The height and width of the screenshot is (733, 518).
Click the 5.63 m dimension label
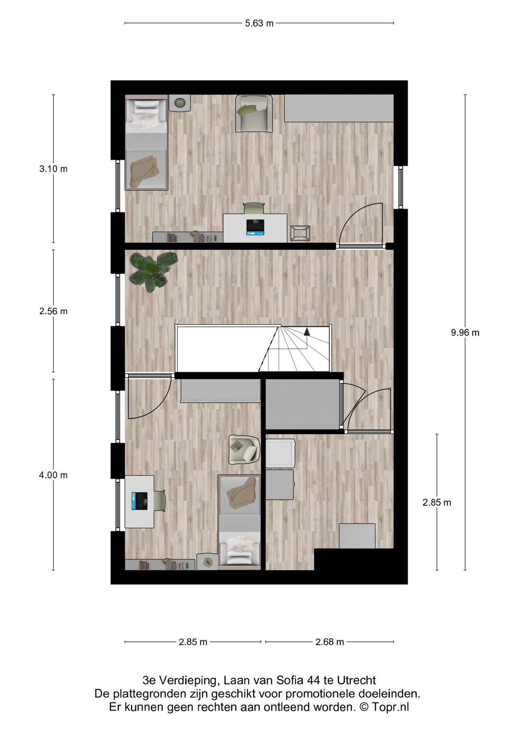pos(259,23)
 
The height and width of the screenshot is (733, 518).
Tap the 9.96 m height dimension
pos(465,333)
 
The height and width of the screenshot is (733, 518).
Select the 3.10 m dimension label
pos(53,169)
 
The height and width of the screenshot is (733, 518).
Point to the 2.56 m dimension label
pos(53,311)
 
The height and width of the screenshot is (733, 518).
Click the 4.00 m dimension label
pos(53,475)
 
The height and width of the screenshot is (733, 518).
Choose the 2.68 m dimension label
pos(330,642)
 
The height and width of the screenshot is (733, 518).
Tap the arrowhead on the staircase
pos(306,331)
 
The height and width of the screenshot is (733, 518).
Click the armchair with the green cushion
pos(254,113)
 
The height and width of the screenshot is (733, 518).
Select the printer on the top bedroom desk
pos(255,227)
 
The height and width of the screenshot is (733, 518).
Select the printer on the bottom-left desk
pos(139,501)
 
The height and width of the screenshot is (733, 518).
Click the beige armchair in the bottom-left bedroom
pos(244,450)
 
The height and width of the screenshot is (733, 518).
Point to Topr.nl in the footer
pos(391,707)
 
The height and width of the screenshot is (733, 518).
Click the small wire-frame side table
pos(300,233)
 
